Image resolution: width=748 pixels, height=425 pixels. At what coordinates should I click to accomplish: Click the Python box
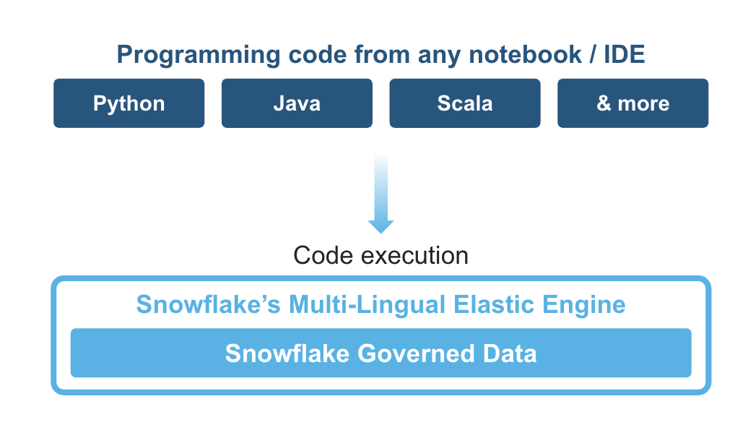129,103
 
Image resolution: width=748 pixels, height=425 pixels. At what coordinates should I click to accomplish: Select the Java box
297,103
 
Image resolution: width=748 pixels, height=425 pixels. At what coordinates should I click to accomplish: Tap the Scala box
465,103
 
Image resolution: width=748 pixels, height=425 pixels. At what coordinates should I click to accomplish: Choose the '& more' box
632,103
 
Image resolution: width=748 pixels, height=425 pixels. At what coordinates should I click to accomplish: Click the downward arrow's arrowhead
380,226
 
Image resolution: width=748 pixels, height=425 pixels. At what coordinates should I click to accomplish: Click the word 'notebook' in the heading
525,54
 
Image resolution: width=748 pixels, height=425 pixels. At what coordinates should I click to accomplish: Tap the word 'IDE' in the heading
625,54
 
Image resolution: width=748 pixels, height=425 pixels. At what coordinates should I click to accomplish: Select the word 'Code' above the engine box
324,255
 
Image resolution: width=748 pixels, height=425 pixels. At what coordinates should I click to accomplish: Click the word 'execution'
414,255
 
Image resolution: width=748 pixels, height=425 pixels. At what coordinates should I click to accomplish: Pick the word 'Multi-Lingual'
367,305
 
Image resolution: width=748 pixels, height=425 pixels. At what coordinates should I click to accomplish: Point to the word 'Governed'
416,354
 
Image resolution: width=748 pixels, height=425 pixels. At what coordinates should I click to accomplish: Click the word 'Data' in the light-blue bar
510,354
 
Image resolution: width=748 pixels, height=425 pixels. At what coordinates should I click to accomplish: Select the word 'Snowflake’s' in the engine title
209,305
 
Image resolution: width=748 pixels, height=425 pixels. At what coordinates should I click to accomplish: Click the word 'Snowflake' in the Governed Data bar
287,354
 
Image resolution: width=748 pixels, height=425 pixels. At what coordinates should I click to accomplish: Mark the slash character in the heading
593,54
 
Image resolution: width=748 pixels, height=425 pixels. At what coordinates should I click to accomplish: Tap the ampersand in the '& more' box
604,103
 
